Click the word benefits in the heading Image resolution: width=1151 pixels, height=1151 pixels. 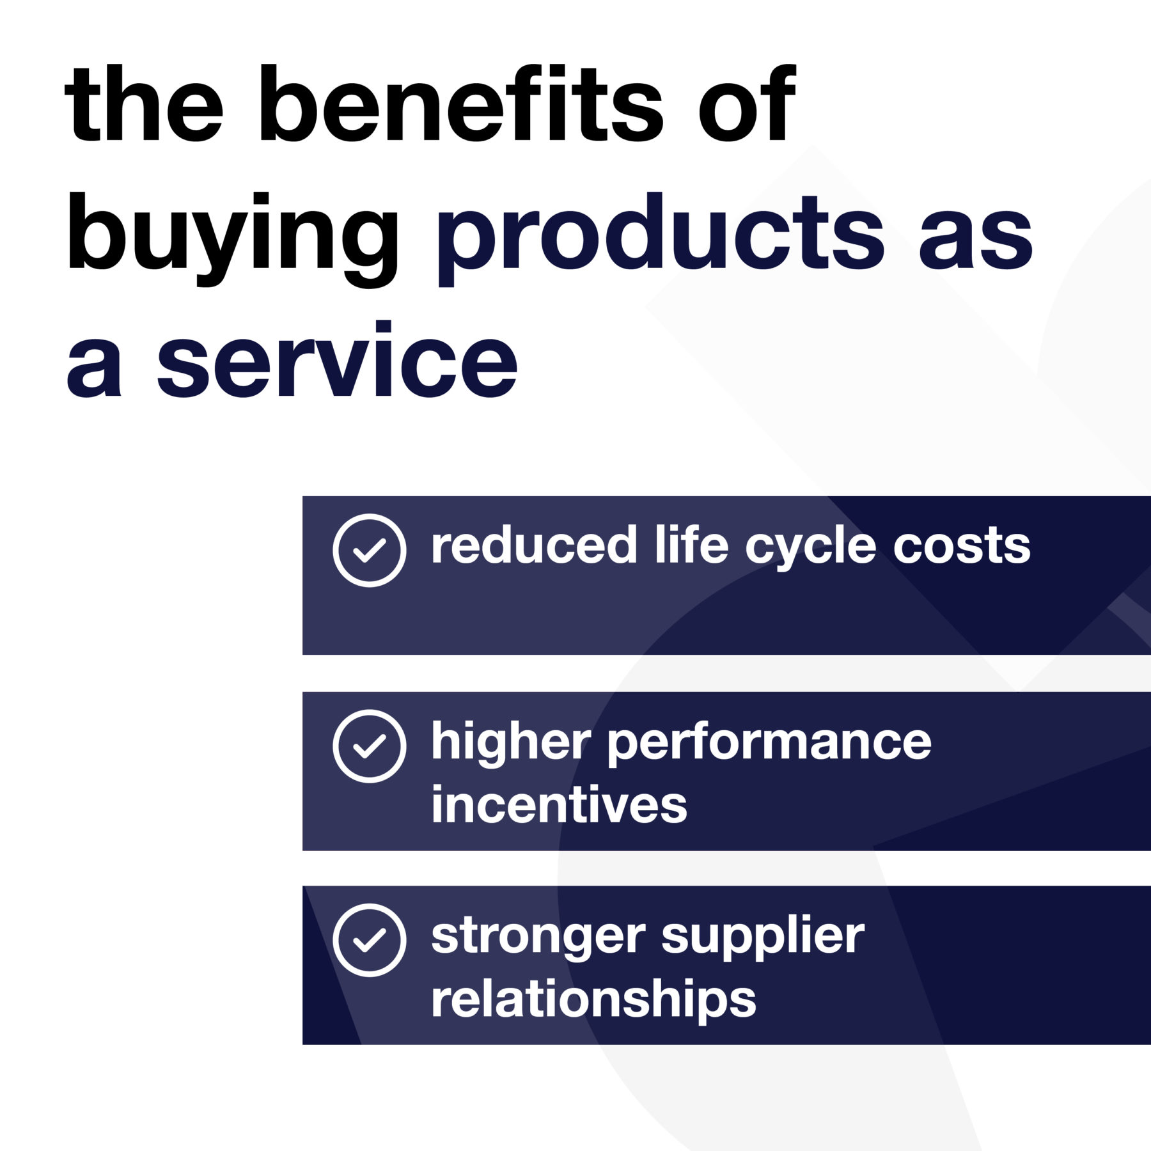(x=461, y=103)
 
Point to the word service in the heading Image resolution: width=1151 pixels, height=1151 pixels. (x=338, y=359)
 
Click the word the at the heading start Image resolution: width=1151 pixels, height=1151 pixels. (x=145, y=103)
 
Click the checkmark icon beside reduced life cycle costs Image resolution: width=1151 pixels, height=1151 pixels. (x=370, y=550)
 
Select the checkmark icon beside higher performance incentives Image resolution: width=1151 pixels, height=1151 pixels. (x=370, y=746)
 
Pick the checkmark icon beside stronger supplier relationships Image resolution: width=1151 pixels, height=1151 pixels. (x=370, y=940)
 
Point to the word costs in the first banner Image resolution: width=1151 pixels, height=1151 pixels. (x=962, y=547)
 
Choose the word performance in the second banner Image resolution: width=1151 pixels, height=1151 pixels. (x=769, y=743)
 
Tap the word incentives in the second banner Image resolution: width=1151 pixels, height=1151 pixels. (x=560, y=804)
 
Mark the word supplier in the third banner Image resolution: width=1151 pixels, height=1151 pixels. (x=763, y=939)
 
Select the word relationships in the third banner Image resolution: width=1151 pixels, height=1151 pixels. (x=594, y=1000)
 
